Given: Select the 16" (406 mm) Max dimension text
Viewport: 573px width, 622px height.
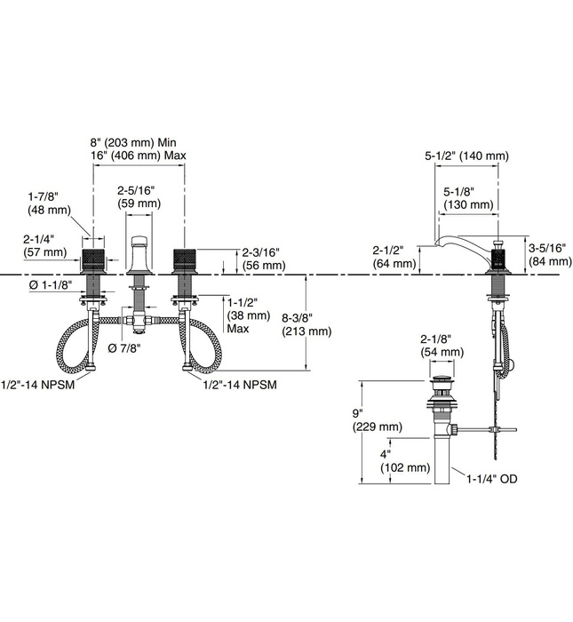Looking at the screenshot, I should coord(139,156).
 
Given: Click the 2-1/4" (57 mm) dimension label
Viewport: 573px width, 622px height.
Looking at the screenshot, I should coord(45,245).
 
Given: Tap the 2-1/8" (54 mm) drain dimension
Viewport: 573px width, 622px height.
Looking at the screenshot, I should coord(442,346).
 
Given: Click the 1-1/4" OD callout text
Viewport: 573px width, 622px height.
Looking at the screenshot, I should coord(491,479).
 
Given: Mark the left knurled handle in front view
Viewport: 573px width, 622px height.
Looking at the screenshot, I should coord(93,260).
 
